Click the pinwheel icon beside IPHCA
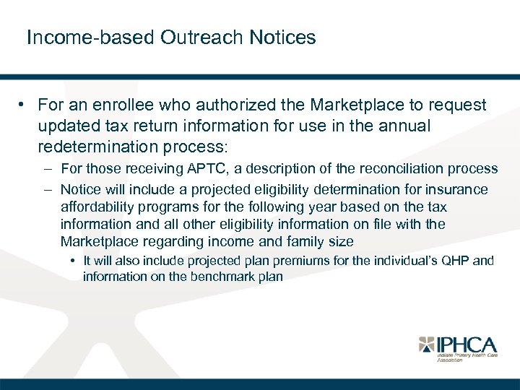[428, 344]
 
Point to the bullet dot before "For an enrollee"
[24, 105]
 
